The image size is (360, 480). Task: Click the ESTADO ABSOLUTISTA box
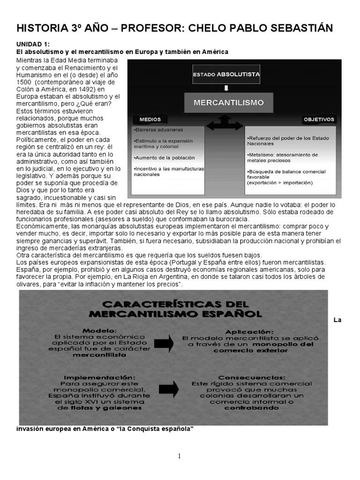tap(226, 75)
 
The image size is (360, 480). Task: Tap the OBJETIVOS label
tap(319, 120)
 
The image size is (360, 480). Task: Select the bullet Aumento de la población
tap(164, 157)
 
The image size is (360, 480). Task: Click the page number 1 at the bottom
tap(180, 457)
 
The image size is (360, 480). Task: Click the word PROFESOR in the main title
tap(146, 28)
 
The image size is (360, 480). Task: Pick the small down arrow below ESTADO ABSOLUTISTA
tap(226, 87)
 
